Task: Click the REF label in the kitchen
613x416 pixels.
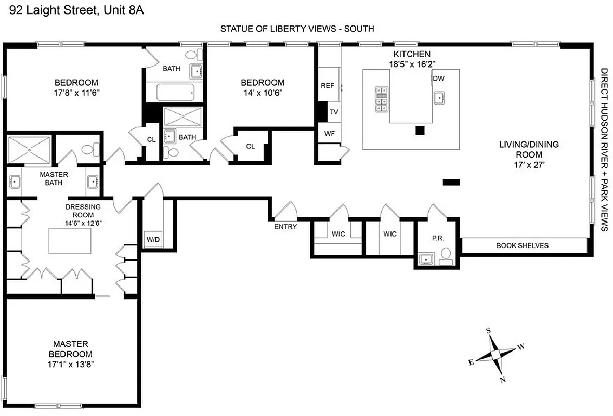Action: [x=327, y=86]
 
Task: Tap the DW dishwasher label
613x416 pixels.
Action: [x=438, y=79]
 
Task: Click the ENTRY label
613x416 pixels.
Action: [x=285, y=227]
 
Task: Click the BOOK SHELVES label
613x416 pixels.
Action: [x=522, y=245]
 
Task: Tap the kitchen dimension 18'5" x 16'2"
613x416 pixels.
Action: [x=411, y=63]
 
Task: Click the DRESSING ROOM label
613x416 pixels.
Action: [x=83, y=211]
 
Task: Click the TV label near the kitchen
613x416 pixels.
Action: [x=334, y=112]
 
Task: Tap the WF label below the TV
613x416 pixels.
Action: [x=329, y=133]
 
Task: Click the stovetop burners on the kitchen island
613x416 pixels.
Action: [x=382, y=99]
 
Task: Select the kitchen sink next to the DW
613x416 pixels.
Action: [x=440, y=97]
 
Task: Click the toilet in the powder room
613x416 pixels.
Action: [x=446, y=255]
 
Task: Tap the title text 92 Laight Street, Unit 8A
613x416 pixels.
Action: [x=72, y=9]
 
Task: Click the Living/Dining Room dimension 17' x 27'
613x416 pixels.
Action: [x=529, y=165]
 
